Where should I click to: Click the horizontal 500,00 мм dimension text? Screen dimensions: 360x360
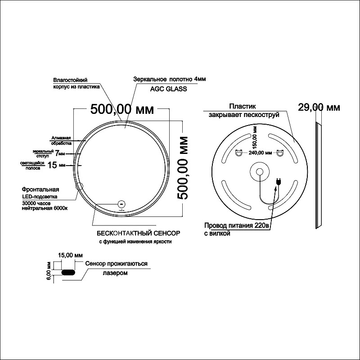(122, 109)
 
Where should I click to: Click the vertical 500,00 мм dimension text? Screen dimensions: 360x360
(183, 168)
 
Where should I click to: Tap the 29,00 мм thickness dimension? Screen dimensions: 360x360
(319, 107)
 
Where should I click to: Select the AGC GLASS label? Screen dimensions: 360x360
(168, 89)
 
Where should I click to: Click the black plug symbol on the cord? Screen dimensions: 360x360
(279, 181)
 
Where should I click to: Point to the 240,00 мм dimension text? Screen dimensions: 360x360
(260, 153)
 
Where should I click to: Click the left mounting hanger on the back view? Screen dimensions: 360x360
(239, 153)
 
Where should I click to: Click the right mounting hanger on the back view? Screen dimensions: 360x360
(280, 153)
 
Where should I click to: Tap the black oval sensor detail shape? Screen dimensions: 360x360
(68, 272)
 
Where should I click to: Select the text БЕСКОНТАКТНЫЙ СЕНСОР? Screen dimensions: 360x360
(139, 233)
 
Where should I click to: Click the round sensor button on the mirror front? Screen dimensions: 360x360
(121, 204)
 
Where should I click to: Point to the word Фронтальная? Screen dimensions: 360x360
(40, 189)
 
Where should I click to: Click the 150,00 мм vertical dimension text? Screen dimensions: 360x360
(254, 137)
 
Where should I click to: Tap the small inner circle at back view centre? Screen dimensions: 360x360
(260, 172)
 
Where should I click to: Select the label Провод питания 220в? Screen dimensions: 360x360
(237, 225)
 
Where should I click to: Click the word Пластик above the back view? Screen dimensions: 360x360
(243, 106)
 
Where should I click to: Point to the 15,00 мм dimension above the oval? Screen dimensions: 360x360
(71, 255)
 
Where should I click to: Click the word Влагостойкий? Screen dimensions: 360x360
(70, 80)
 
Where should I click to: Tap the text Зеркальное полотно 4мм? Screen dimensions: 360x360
(170, 79)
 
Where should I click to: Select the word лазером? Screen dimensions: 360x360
(115, 273)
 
